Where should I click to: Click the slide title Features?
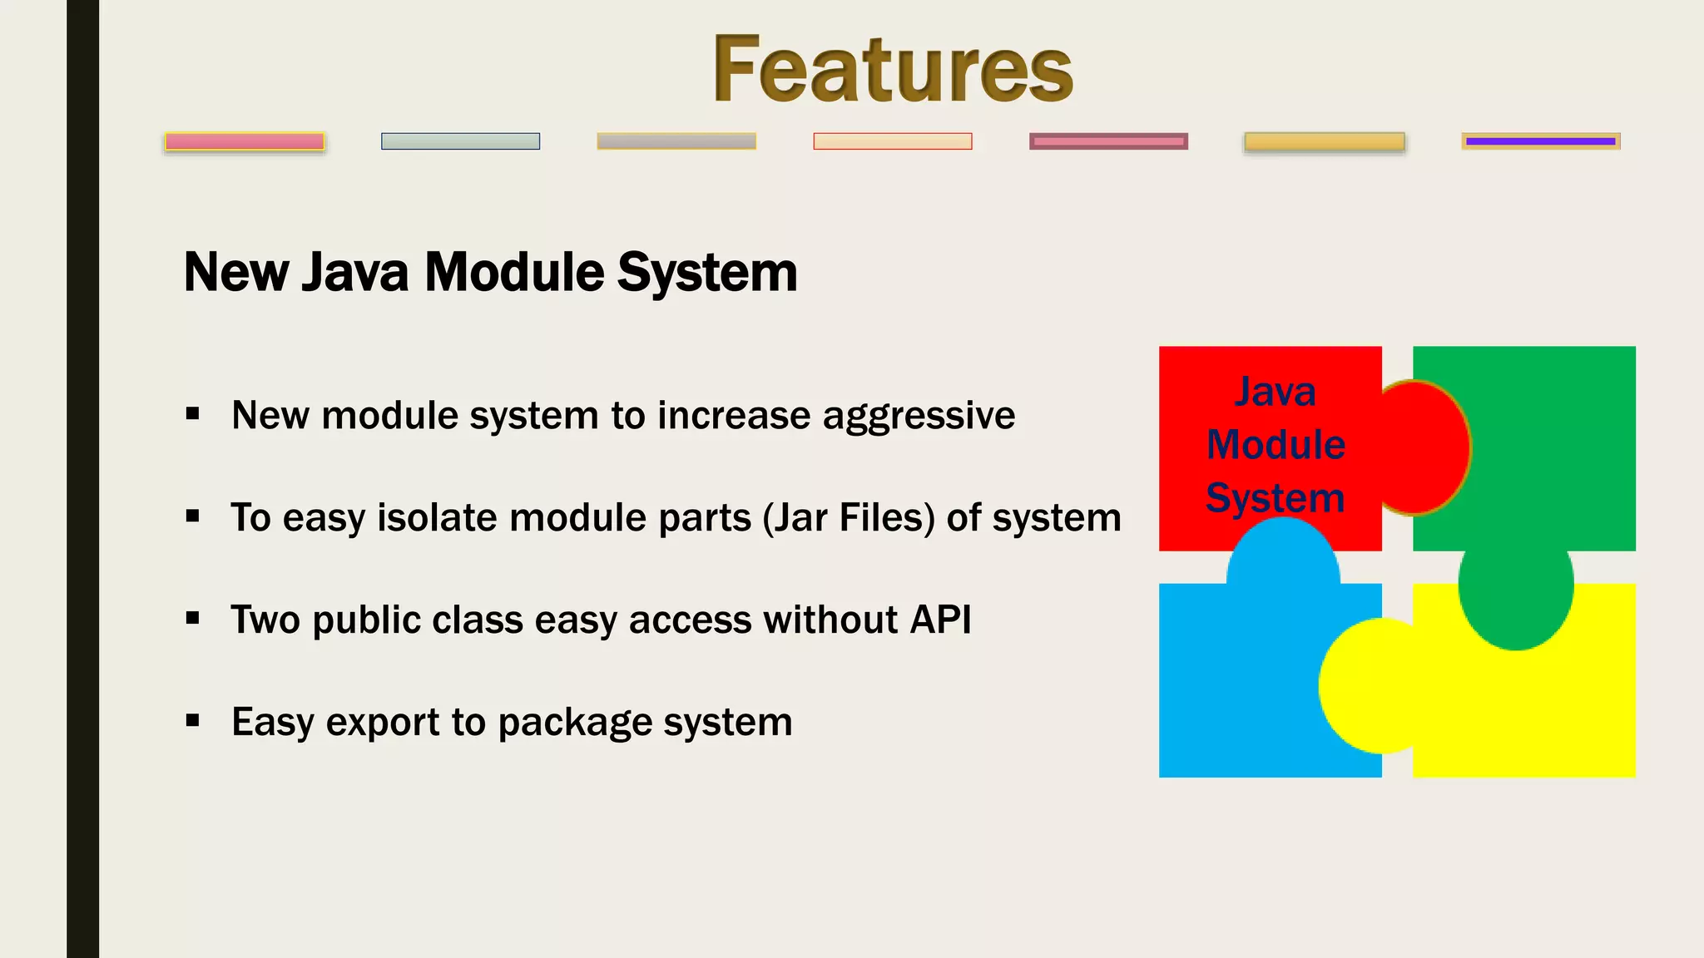(892, 70)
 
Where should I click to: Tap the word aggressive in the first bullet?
(919, 416)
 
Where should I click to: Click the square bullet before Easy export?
(193, 720)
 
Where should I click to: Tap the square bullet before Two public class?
(193, 618)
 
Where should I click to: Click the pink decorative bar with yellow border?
(245, 142)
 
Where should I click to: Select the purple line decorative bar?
(1540, 141)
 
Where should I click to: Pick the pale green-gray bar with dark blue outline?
(460, 141)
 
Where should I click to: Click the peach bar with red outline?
(892, 141)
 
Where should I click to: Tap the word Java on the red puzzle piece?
(1275, 392)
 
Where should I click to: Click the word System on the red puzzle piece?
(1275, 498)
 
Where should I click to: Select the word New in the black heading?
(236, 273)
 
